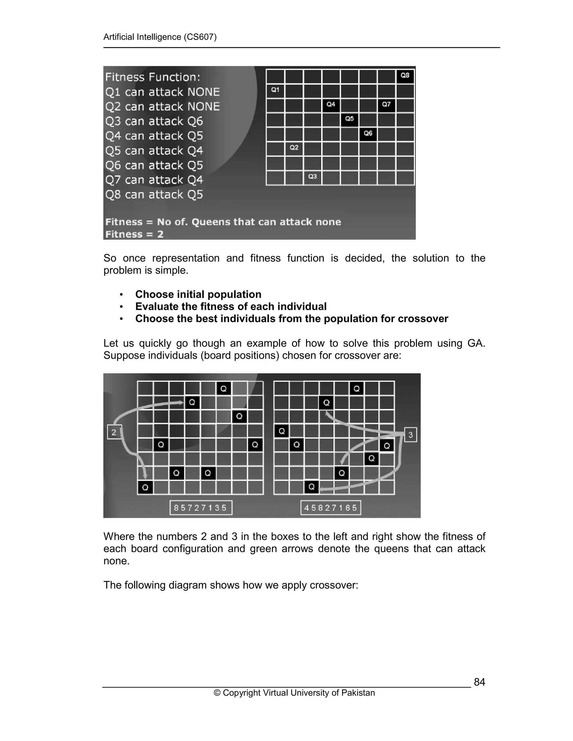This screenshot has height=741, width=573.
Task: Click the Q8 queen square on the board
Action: point(405,76)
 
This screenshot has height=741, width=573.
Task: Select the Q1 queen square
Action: point(275,90)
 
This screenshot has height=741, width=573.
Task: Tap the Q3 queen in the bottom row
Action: point(312,177)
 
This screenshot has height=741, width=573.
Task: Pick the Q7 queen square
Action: point(386,105)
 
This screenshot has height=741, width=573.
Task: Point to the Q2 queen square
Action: point(294,148)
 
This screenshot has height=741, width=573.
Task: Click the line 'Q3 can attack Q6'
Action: point(154,121)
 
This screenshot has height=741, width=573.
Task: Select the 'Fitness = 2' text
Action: point(134,234)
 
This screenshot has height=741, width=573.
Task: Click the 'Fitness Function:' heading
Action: point(153,77)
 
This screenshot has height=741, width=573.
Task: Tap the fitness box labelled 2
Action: point(114,432)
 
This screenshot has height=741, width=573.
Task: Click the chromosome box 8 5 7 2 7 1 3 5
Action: point(201,508)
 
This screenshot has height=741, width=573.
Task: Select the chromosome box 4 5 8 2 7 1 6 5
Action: point(331,508)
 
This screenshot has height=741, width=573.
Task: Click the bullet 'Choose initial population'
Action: point(198,294)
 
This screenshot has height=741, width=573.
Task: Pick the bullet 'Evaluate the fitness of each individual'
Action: point(231,306)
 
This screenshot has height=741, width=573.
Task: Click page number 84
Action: point(479,682)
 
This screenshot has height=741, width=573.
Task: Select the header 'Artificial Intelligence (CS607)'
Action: point(160,37)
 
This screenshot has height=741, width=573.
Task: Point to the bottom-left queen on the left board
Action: point(145,488)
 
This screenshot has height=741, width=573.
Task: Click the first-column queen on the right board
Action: point(281,431)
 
